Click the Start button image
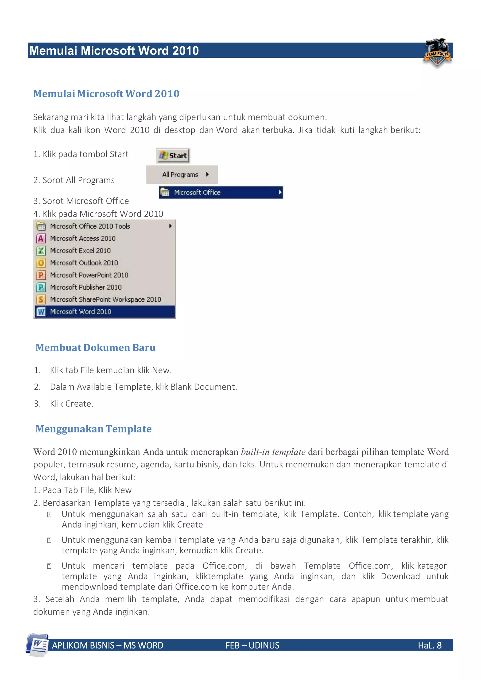coord(173,155)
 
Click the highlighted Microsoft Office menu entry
coord(221,193)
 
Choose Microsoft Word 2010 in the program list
coord(81,311)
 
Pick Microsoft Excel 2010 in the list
coord(80,251)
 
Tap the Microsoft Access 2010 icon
coord(41,238)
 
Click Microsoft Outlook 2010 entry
coord(84,263)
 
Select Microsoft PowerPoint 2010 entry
coord(89,275)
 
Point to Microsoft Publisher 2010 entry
coord(85,287)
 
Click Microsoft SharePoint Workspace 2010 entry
coord(105,299)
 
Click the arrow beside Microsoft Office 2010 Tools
coord(170,226)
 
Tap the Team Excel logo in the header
coord(437,53)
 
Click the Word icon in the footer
coord(38,645)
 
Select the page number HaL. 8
coord(430,645)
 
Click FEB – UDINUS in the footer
coord(252,645)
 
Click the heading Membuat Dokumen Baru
coord(95,347)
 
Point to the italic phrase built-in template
coord(273,452)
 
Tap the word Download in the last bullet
coord(400,576)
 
